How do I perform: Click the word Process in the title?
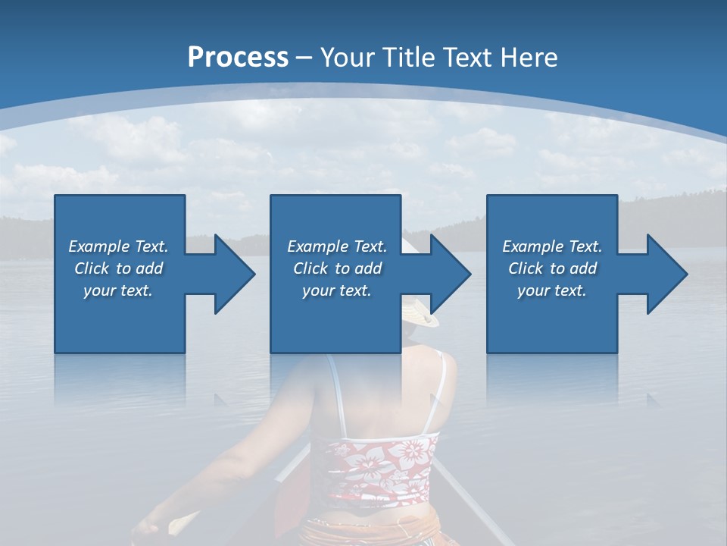point(238,58)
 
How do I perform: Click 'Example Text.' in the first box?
point(118,246)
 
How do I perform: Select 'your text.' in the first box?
point(118,291)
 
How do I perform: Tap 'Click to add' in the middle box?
point(337,268)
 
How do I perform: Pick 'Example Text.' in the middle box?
point(337,246)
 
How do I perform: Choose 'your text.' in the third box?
point(552,291)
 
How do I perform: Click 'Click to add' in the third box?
point(552,268)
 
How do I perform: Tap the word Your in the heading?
point(347,58)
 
